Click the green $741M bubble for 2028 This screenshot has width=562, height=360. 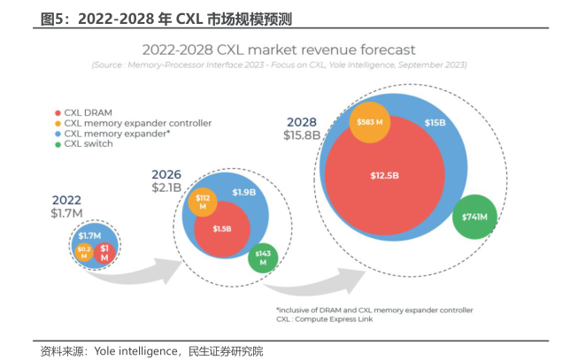[476, 216]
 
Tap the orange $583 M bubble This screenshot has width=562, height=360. [370, 121]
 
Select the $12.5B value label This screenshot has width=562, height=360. [384, 176]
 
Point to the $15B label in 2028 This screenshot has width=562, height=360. [434, 122]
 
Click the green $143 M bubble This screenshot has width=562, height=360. [263, 257]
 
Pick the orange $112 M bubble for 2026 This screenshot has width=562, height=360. [204, 202]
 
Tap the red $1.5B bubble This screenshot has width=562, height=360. [221, 229]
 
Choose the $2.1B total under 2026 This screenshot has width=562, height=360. [166, 188]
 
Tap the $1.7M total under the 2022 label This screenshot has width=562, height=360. [65, 213]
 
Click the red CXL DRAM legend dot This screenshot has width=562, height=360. [58, 112]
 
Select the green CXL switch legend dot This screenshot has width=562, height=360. [58, 143]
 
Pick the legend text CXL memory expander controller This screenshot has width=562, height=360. [138, 123]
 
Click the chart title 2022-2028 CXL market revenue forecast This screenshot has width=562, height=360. [279, 50]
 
